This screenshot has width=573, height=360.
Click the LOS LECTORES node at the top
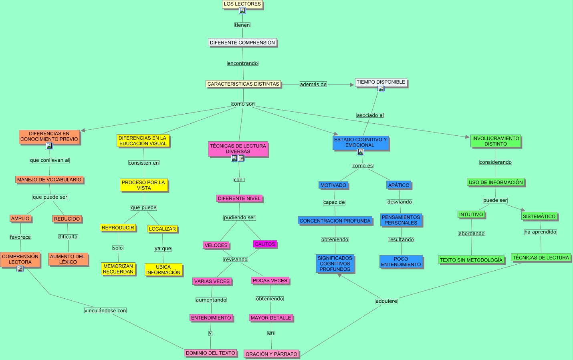point(242,4)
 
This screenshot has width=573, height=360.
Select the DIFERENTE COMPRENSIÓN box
point(242,42)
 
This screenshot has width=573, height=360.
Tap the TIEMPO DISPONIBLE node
point(381,82)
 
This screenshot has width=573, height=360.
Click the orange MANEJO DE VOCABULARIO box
point(49,180)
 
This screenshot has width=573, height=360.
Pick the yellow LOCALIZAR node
point(162,229)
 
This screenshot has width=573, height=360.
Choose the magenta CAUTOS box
point(265,244)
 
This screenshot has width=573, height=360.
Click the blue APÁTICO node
point(399,185)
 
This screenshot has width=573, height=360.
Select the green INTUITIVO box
point(471,215)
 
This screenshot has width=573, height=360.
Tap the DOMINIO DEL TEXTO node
point(210,353)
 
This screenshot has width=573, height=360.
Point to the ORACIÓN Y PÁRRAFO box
point(271,354)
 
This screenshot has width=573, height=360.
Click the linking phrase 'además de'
point(313,84)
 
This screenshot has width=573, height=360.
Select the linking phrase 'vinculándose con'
point(105,311)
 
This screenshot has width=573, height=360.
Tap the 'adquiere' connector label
point(386,301)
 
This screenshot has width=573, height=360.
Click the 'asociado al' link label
point(370,115)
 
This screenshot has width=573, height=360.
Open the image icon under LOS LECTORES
point(242,11)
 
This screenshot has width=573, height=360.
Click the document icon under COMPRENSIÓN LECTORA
point(20,269)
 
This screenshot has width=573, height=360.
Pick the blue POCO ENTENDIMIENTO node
point(401,262)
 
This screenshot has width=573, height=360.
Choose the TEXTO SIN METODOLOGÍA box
point(471,260)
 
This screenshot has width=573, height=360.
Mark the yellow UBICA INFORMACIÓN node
point(163,269)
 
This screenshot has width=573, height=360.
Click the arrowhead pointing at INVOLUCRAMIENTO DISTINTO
point(467,137)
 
